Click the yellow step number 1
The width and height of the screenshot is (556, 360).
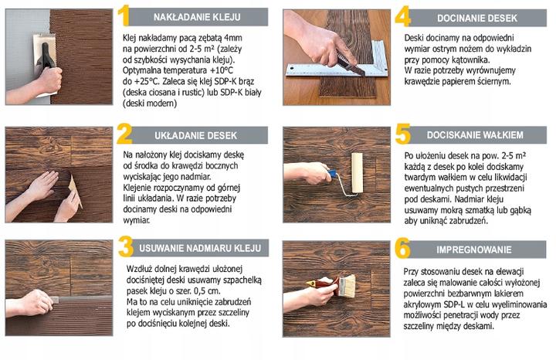(123, 16)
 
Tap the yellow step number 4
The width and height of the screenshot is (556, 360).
(403, 16)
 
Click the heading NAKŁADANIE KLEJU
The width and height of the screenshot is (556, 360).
(197, 17)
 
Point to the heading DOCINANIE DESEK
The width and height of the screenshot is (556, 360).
(477, 18)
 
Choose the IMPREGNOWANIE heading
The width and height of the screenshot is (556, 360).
(473, 250)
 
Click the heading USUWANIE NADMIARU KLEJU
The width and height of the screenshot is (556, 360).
(200, 248)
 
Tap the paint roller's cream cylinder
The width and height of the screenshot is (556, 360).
(357, 173)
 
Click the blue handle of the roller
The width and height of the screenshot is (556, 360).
(332, 174)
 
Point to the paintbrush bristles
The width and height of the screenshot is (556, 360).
(348, 285)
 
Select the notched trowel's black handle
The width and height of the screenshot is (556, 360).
(46, 56)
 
